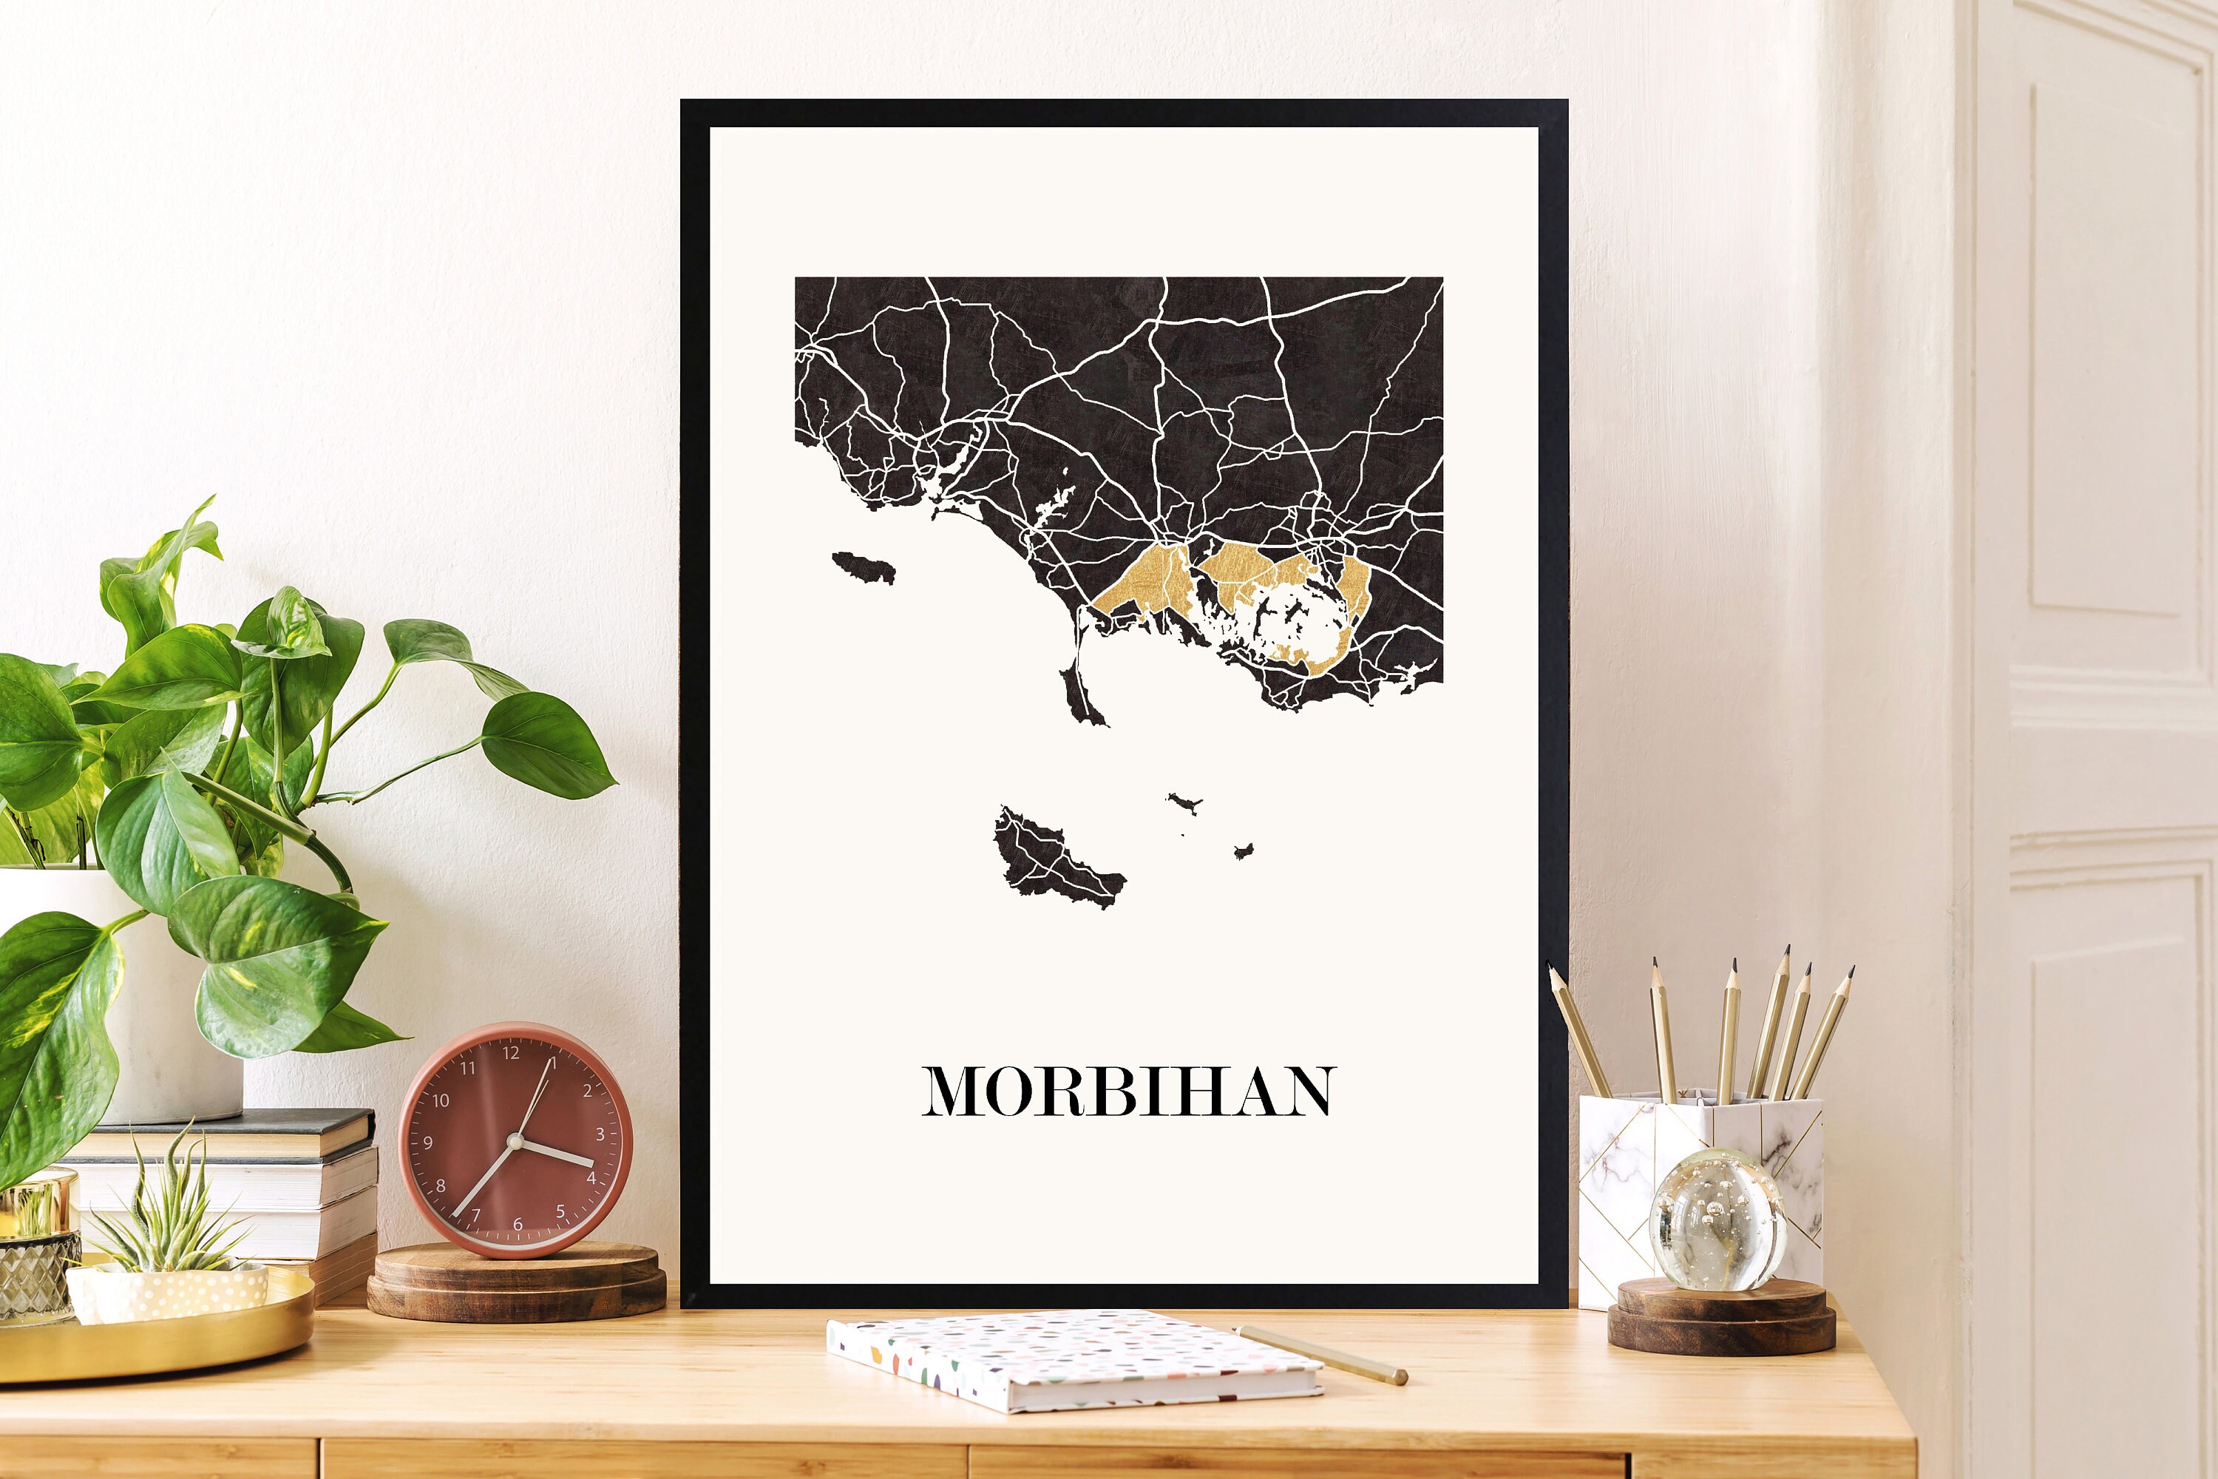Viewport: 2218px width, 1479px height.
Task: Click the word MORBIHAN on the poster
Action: pyautogui.click(x=1128, y=1092)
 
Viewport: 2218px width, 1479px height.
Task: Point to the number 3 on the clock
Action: pyautogui.click(x=600, y=1134)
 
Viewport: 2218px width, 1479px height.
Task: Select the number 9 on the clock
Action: pyautogui.click(x=428, y=1143)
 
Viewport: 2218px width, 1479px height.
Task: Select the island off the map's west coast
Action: pyautogui.click(x=864, y=568)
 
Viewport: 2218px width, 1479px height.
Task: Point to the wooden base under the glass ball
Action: pyautogui.click(x=1722, y=1317)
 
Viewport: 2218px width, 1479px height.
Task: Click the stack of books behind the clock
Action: pyautogui.click(x=283, y=1179)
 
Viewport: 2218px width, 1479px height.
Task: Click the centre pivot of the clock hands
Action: pyautogui.click(x=515, y=1141)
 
